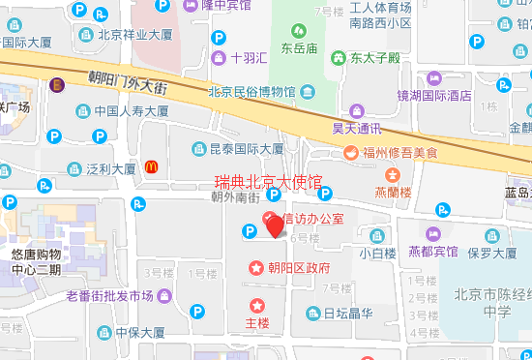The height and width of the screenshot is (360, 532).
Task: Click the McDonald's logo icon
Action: [x=151, y=167]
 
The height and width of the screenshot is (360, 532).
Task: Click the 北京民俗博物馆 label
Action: [x=251, y=93]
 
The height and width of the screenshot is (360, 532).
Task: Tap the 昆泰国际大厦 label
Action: [x=246, y=149]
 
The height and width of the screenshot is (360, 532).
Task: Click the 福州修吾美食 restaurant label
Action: [x=399, y=152]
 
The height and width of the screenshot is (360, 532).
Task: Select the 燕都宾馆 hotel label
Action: [x=432, y=253]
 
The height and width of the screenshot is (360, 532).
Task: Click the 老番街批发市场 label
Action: [x=109, y=295]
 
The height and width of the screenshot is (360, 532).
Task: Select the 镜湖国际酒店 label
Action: [x=433, y=95]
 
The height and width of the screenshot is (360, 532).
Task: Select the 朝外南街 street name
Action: [x=236, y=197]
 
